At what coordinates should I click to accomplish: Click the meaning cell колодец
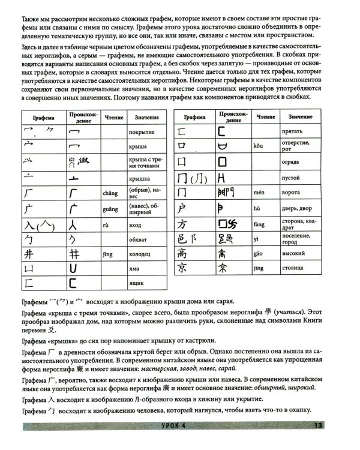(141, 254)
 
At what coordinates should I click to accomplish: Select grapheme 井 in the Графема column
(29, 254)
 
